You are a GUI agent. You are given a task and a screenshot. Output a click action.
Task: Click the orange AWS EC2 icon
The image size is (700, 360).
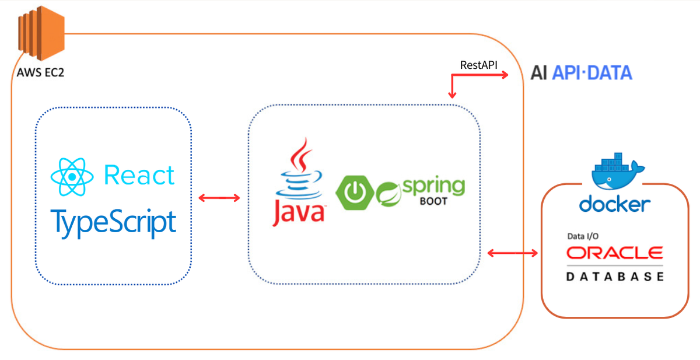coord(41,33)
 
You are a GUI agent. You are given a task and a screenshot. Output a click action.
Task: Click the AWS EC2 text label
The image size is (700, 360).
coord(40,72)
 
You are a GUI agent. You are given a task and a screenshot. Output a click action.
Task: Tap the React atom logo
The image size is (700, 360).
coord(72,177)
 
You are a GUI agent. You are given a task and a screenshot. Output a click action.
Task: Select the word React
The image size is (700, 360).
coord(139,175)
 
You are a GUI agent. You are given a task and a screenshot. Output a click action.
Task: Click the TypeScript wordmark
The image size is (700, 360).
coord(113,223)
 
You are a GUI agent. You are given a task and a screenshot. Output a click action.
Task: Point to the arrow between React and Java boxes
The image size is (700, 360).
coord(219,198)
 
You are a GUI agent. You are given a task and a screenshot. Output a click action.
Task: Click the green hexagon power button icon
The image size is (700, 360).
coord(355,193)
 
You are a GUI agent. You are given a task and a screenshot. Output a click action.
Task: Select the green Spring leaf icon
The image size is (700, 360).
coord(388,194)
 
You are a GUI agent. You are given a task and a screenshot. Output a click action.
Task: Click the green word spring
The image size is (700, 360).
coord(434,186)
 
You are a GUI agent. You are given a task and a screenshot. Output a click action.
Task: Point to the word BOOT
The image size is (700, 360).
coord(433,201)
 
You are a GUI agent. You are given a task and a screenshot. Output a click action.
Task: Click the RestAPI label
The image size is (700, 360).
coord(478,65)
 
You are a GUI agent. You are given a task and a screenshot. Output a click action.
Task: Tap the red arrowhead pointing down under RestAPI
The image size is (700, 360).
coord(452,95)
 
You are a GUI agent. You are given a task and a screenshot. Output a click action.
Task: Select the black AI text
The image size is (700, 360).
coord(539,73)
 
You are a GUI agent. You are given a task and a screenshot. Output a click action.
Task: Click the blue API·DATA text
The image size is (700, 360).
coord(592,73)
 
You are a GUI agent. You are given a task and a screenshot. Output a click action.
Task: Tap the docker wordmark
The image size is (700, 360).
coord(615,204)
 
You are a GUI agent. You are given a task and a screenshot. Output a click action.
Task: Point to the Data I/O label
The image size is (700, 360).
coord(583,236)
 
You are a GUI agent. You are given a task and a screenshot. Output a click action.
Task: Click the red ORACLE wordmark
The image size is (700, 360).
coord(615,253)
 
